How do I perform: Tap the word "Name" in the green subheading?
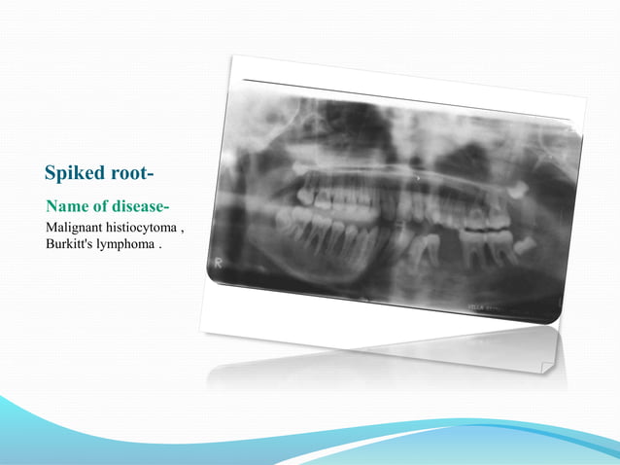point(66,207)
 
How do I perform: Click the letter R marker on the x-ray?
point(221,263)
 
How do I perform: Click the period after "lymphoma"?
point(159,245)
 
